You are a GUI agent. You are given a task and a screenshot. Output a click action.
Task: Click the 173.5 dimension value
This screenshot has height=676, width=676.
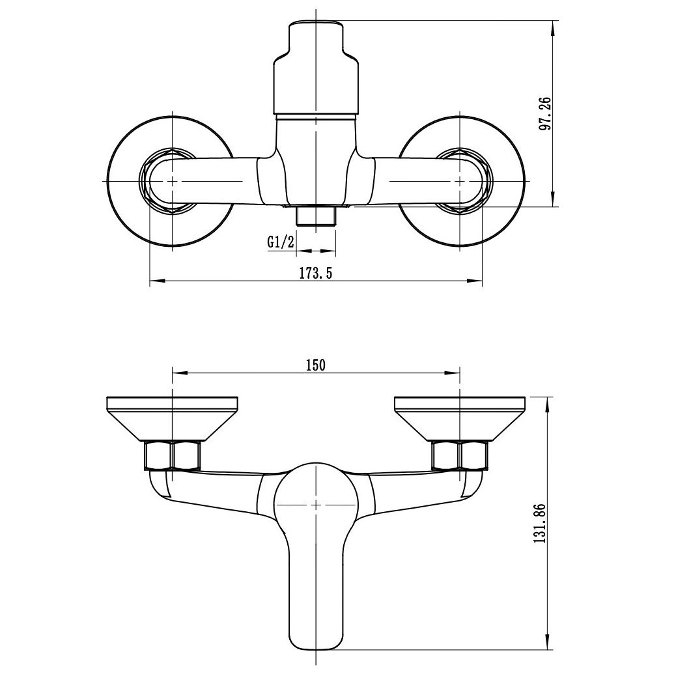316,274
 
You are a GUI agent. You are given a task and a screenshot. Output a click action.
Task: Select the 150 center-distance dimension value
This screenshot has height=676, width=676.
316,365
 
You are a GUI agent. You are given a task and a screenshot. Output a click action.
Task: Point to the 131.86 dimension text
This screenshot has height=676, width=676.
540,524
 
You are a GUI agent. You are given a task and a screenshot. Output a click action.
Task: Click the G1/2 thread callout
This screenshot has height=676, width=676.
281,242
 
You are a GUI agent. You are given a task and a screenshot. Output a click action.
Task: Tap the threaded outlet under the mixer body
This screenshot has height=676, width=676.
317,215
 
